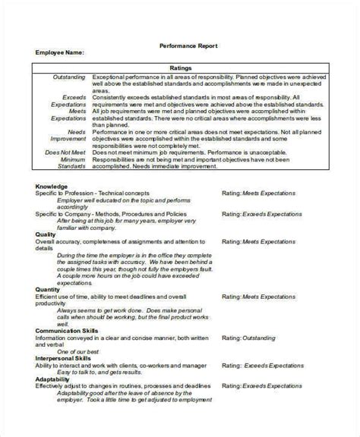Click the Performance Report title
pyautogui.click(x=188, y=46)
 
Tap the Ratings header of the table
pyautogui.click(x=179, y=68)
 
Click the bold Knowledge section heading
pyautogui.click(x=52, y=187)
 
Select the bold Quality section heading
pyautogui.click(x=46, y=234)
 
